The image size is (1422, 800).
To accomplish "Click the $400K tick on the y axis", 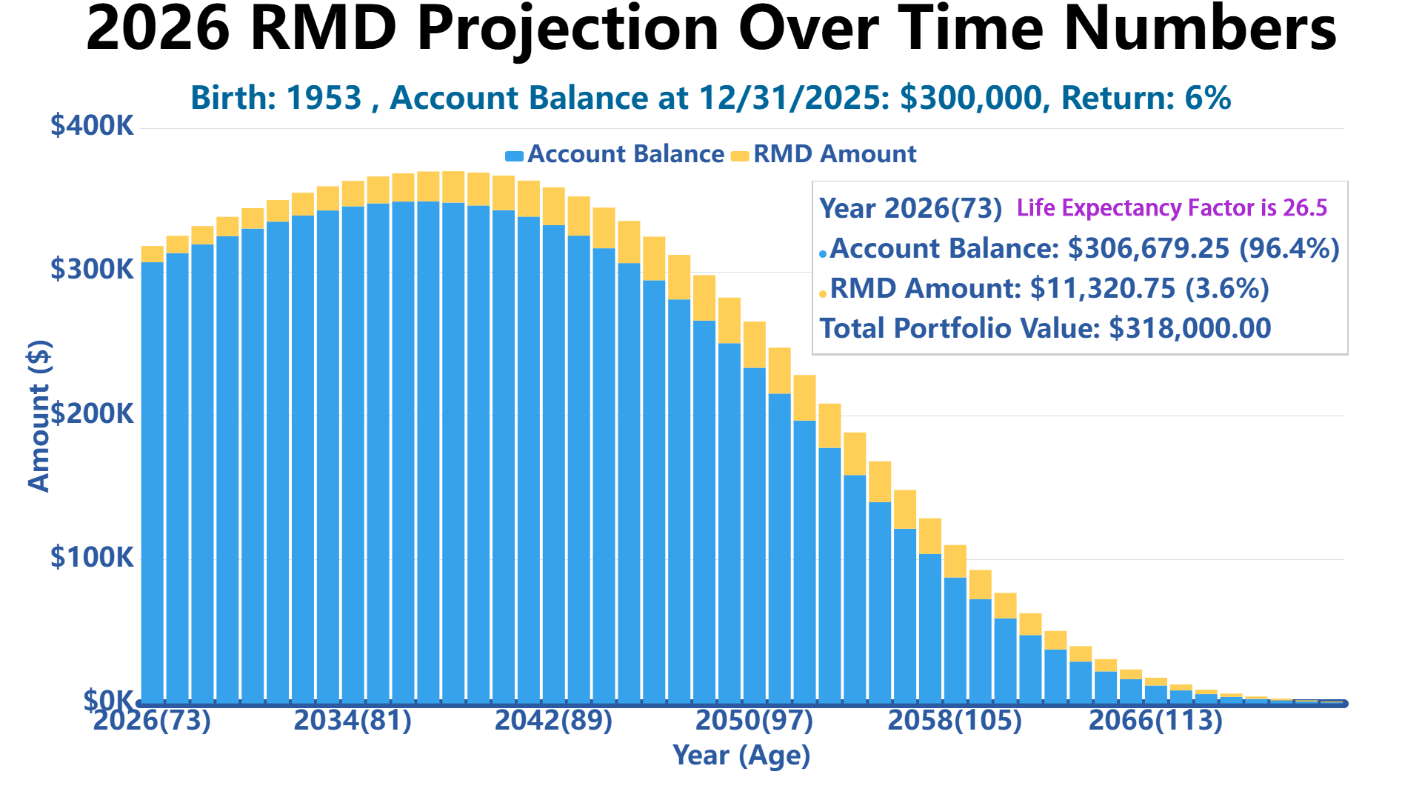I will pos(92,126).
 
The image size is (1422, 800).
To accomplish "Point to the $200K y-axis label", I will pos(92,413).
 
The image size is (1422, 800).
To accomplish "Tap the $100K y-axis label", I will pos(92,557).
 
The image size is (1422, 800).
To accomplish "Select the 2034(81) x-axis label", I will pos(353,720).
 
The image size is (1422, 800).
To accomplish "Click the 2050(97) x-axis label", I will pos(754,720).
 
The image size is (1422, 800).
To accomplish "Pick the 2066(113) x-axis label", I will pos(1155,720).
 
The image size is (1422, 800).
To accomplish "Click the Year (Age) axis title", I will pos(741,756).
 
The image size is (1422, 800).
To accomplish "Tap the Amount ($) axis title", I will pos(39,416).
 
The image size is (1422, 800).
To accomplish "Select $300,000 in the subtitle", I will pos(970,98).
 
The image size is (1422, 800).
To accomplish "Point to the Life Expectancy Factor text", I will pos(1172,208).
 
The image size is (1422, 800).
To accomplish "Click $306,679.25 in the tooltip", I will pos(1149,248).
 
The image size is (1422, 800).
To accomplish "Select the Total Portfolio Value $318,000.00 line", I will pos(1045,328).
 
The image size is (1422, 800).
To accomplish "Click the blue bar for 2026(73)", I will pos(152,481).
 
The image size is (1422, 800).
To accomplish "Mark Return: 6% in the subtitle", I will pos(1146,98).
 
